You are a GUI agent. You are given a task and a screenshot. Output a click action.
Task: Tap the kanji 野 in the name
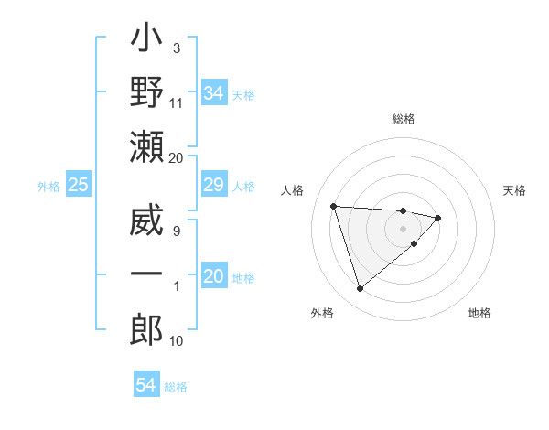click(147, 95)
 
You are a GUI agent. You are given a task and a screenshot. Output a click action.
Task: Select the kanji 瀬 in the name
click(147, 149)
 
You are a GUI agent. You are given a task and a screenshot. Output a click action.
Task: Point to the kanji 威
click(147, 222)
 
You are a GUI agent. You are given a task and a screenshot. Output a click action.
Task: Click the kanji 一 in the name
click(147, 274)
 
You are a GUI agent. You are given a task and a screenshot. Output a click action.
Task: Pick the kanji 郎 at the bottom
click(147, 329)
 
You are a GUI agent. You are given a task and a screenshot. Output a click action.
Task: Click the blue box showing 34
click(214, 92)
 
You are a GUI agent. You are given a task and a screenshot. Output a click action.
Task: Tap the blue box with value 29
click(214, 186)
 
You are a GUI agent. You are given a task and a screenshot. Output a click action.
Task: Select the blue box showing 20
click(214, 276)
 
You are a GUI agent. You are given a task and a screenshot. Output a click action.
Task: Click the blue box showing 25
click(79, 186)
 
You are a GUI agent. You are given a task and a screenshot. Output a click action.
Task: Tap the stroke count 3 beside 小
click(176, 47)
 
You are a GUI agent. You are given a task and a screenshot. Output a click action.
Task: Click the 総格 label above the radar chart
click(404, 119)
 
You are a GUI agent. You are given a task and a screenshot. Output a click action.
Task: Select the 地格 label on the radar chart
click(479, 313)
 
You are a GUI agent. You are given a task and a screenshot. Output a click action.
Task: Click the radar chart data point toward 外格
click(360, 289)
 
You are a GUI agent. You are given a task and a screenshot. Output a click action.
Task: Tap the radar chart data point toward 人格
click(334, 206)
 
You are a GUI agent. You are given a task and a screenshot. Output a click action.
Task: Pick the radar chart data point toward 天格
click(438, 218)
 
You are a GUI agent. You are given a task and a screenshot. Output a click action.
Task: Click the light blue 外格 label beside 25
click(48, 187)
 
